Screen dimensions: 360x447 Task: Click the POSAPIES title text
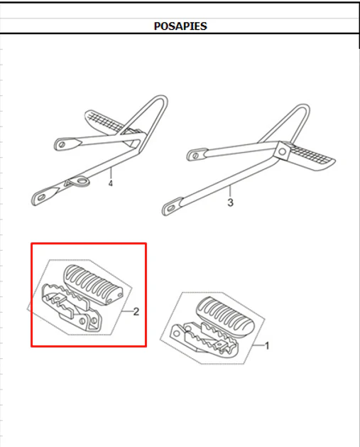click(x=180, y=26)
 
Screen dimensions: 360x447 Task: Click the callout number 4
click(x=111, y=183)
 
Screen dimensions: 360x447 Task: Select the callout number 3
click(x=230, y=203)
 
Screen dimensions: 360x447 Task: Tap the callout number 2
click(x=136, y=311)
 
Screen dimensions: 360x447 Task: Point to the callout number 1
click(x=267, y=346)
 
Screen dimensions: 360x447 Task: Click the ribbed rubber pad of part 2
click(x=92, y=284)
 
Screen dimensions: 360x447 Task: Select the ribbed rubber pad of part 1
click(x=225, y=316)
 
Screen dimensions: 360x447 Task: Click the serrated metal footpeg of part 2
click(x=71, y=307)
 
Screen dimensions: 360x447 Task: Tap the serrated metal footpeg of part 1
click(x=204, y=338)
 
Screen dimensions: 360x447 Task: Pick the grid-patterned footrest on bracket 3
click(x=312, y=157)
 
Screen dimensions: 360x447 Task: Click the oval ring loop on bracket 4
click(x=81, y=181)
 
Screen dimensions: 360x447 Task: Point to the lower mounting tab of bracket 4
click(x=44, y=196)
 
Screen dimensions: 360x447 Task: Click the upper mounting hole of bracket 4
click(x=62, y=144)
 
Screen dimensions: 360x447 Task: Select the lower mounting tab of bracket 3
click(x=172, y=207)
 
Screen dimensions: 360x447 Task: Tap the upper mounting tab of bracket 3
click(x=197, y=155)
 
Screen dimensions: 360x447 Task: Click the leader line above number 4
click(x=111, y=173)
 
